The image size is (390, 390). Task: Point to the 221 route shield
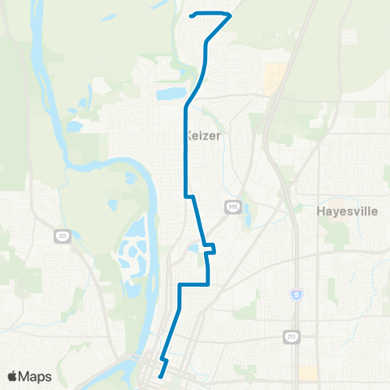point(62,236)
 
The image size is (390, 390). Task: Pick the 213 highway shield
point(292,336)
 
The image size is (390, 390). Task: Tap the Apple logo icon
point(13,376)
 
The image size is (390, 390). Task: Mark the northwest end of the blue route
point(190,15)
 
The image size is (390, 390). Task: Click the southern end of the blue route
point(160,376)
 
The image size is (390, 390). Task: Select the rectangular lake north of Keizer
point(171,94)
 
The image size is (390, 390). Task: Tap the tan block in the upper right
point(275,79)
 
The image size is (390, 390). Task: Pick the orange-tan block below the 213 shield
point(308,372)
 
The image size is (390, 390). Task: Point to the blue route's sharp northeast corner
point(232,15)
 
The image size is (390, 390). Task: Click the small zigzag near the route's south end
point(164,358)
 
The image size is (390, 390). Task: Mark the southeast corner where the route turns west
point(210,284)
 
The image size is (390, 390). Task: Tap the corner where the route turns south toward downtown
point(179,285)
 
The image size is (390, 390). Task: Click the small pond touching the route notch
point(193,248)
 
